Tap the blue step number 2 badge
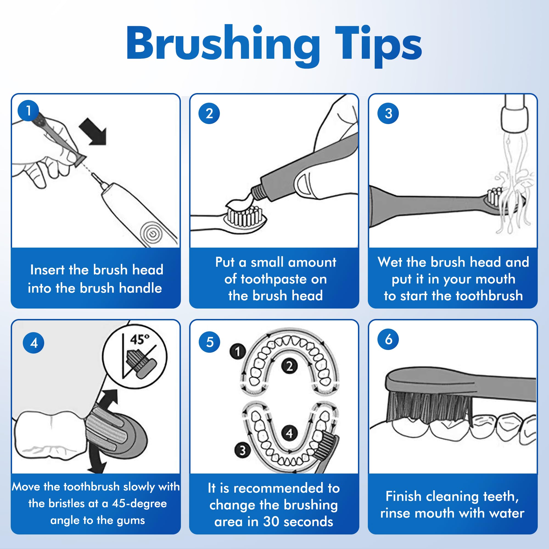209,113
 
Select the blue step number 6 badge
388,339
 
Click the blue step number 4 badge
33,343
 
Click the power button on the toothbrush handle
153,234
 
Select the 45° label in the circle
139,339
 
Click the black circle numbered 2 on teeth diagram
289,366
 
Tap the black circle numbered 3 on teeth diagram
242,450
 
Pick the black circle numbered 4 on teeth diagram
289,433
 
